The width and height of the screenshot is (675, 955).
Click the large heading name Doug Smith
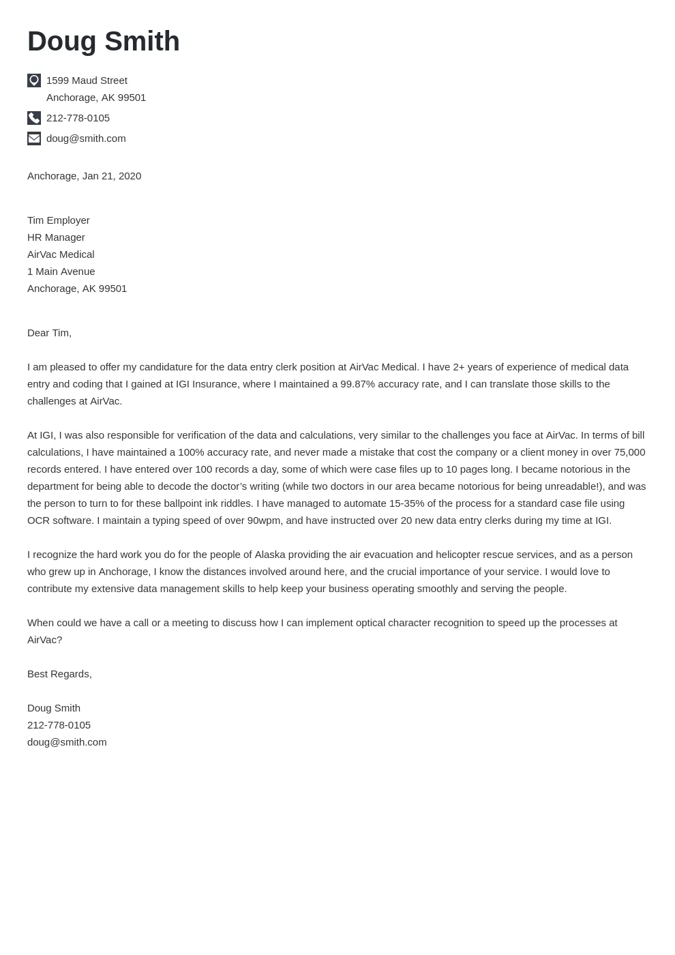tap(104, 42)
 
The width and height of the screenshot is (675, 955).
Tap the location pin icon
tap(34, 80)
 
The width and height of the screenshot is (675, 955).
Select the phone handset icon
tap(34, 118)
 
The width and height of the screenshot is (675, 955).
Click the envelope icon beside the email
tap(34, 138)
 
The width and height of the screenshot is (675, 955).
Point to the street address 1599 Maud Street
tap(87, 80)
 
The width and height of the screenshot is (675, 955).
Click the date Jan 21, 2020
tap(112, 176)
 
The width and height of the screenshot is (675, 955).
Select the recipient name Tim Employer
tap(59, 220)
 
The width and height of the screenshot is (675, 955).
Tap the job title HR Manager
tap(56, 237)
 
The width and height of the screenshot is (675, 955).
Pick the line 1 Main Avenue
tap(61, 271)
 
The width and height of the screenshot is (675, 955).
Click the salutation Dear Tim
tap(49, 333)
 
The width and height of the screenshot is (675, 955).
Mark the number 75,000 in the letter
tap(629, 452)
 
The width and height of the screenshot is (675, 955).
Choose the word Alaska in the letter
tap(271, 555)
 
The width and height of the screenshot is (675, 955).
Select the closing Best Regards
tap(59, 674)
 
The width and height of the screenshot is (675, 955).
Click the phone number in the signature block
tap(59, 725)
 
